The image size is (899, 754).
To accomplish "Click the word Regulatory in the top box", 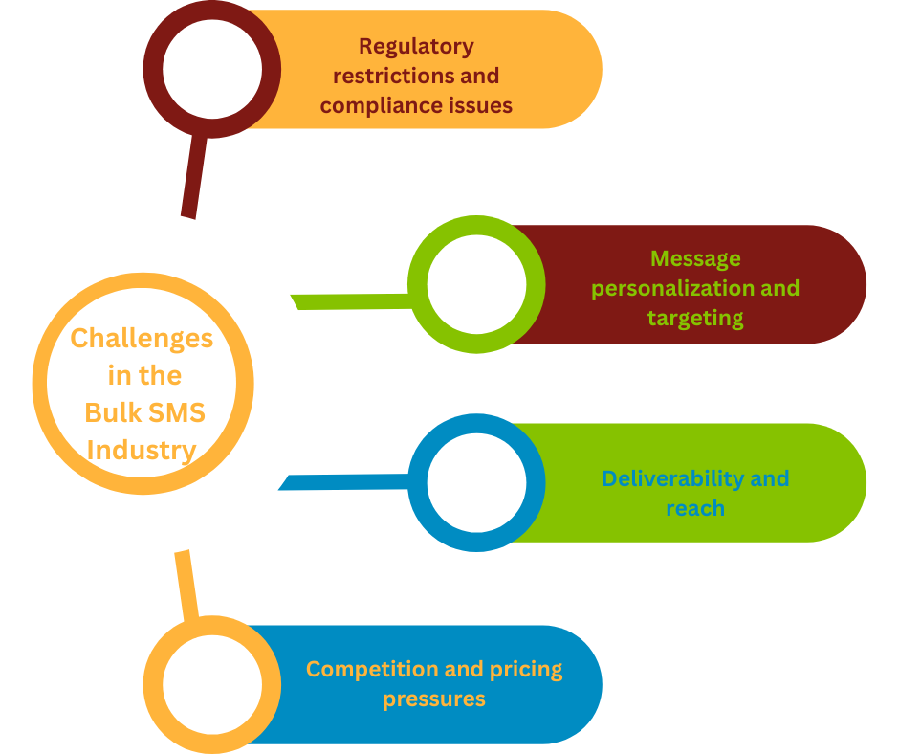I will pyautogui.click(x=416, y=46).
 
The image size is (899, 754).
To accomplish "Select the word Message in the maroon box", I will pyautogui.click(x=695, y=258).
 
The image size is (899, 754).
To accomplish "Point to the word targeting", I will pyautogui.click(x=695, y=318).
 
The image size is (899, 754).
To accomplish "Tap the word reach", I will pyautogui.click(x=695, y=508).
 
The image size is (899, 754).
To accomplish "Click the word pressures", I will pyautogui.click(x=434, y=699).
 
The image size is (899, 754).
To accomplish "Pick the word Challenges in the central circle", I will pyautogui.click(x=142, y=338).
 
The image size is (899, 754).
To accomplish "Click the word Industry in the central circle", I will pyautogui.click(x=142, y=449).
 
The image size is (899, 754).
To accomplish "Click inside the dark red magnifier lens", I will pyautogui.click(x=212, y=69).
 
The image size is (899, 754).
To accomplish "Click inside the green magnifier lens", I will pyautogui.click(x=476, y=285).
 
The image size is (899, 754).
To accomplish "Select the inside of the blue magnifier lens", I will pyautogui.click(x=476, y=483).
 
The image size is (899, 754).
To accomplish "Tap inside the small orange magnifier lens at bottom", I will pyautogui.click(x=212, y=685).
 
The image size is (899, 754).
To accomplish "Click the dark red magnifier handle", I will pyautogui.click(x=193, y=177).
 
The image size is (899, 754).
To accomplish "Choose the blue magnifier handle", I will pyautogui.click(x=344, y=481).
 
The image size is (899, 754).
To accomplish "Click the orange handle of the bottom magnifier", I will pyautogui.click(x=186, y=584).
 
